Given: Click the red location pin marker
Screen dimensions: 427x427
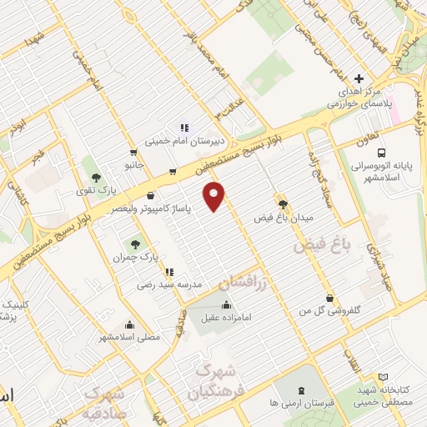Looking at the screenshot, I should pyautogui.click(x=215, y=195).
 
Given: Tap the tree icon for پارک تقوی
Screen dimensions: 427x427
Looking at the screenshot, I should pyautogui.click(x=97, y=178).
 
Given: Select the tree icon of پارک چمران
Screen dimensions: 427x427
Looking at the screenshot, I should pyautogui.click(x=135, y=244).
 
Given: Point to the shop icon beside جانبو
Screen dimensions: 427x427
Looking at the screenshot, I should pyautogui.click(x=133, y=153).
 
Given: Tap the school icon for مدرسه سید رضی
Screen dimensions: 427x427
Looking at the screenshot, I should pyautogui.click(x=169, y=271).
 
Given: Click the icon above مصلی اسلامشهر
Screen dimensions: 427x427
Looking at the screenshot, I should pyautogui.click(x=128, y=324).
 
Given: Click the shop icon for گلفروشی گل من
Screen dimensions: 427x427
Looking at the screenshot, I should pyautogui.click(x=331, y=298).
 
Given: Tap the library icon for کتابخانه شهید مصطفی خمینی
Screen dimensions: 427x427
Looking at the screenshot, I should pyautogui.click(x=383, y=377).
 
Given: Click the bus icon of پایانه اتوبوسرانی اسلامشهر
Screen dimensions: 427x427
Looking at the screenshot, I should pyautogui.click(x=381, y=153).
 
